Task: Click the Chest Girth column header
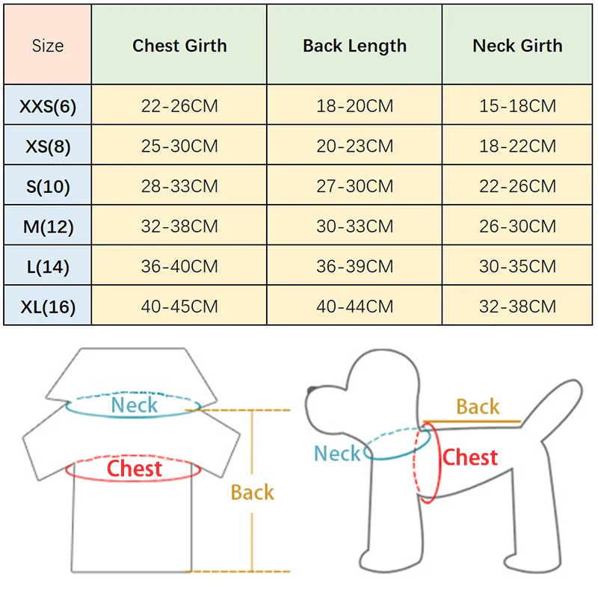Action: [179, 46]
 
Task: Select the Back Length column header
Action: [354, 46]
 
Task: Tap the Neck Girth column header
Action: [517, 46]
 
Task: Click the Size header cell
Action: [48, 46]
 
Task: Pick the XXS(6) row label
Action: [48, 106]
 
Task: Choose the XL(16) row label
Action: [48, 306]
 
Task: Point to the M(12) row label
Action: [48, 226]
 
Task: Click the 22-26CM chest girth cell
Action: [179, 106]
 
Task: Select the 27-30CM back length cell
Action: [354, 186]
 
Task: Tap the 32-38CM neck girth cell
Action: [517, 306]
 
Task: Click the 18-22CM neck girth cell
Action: [517, 146]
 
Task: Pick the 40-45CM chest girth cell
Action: [179, 306]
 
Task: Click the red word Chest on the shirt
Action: [135, 469]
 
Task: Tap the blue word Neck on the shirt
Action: [135, 406]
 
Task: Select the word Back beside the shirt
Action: [252, 493]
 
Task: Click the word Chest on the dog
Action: [469, 457]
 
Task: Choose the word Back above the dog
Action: [478, 407]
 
